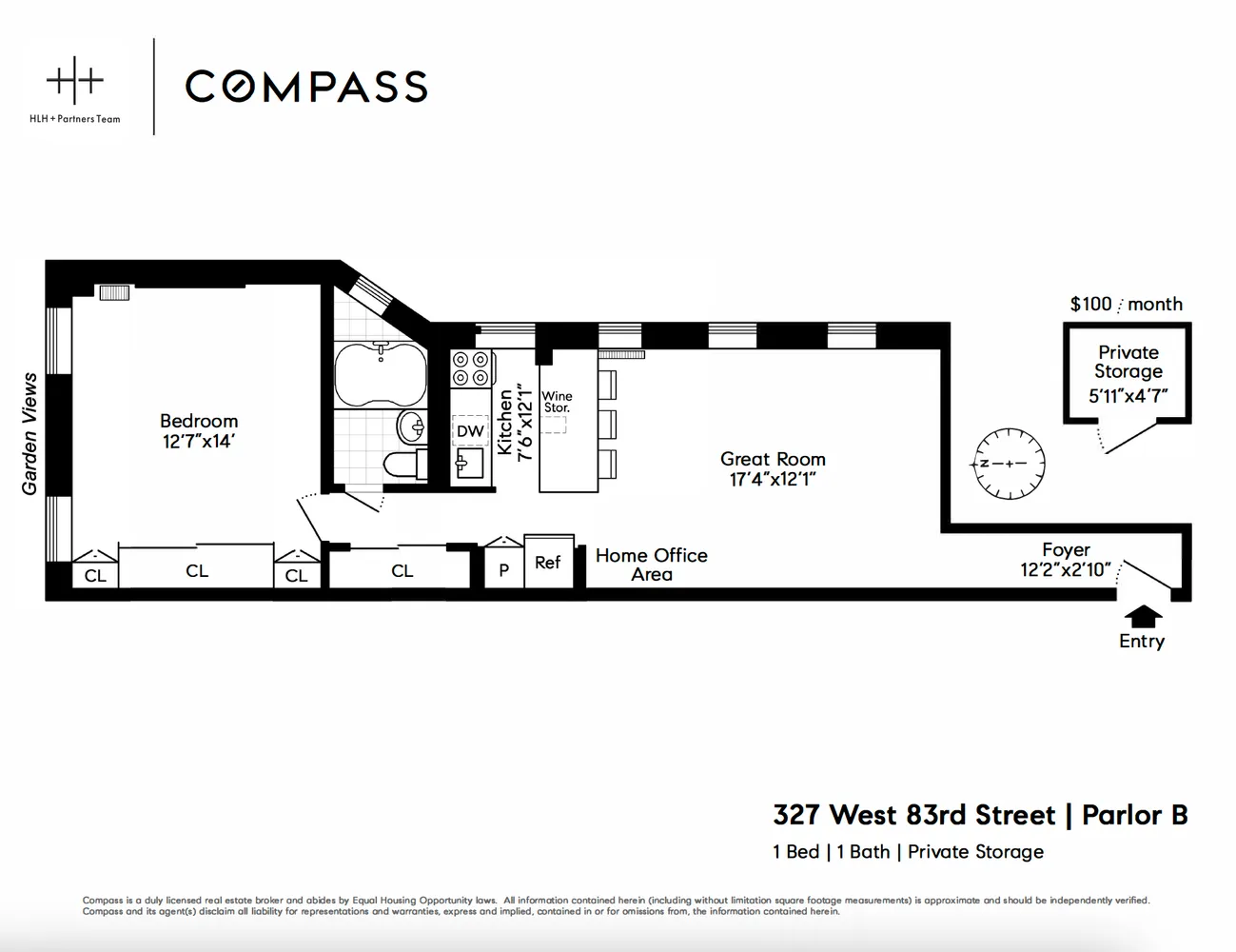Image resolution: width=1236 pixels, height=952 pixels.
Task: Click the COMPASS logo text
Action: pos(305,86)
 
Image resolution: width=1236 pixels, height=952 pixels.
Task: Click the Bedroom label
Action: pos(198,421)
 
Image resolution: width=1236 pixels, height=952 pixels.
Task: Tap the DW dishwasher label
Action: pos(470,431)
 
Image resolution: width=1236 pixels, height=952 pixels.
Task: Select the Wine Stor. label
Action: pos(557,402)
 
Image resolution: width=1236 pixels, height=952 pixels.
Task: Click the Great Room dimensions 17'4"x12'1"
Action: pos(773,480)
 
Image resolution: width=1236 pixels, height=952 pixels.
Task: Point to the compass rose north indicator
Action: pos(1009,464)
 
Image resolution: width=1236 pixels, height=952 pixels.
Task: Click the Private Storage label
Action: pos(1128,362)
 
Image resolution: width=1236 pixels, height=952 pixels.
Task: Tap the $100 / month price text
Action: pos(1126,304)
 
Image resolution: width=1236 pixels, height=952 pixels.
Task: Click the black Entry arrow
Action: pos(1143,615)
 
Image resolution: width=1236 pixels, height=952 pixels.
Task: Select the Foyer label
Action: pos(1066,550)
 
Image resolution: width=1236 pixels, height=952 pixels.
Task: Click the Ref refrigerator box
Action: pos(548,563)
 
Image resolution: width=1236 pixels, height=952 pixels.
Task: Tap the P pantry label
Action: pos(503,570)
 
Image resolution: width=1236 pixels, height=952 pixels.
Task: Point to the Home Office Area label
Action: pos(651,565)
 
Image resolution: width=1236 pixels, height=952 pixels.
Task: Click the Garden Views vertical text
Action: pos(29,433)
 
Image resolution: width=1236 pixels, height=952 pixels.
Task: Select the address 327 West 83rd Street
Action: pos(913,816)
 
